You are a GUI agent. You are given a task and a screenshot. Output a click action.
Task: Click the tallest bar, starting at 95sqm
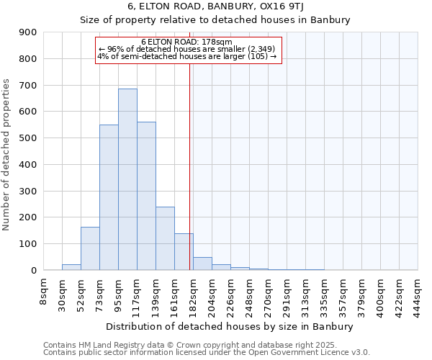pos(127,179)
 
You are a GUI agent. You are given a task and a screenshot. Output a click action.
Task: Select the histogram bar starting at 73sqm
pos(109,197)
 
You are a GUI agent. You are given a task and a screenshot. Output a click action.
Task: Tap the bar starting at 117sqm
pos(146,196)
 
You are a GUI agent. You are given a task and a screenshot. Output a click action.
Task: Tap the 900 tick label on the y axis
pos(28,32)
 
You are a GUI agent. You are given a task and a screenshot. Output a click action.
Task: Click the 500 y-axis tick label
pos(28,138)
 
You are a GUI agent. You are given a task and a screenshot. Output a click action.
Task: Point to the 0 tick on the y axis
pos(34,270)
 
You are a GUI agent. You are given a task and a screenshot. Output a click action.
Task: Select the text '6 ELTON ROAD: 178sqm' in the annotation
pos(186,42)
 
